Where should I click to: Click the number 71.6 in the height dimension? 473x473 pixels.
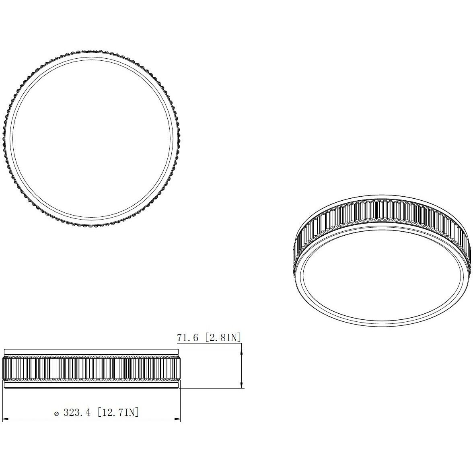(x=187, y=338)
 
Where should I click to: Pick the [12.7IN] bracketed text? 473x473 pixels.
(x=119, y=413)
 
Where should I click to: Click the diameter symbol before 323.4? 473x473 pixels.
(x=57, y=413)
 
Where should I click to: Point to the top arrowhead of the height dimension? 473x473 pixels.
(x=241, y=351)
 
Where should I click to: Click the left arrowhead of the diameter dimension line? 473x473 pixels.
(x=6, y=420)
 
